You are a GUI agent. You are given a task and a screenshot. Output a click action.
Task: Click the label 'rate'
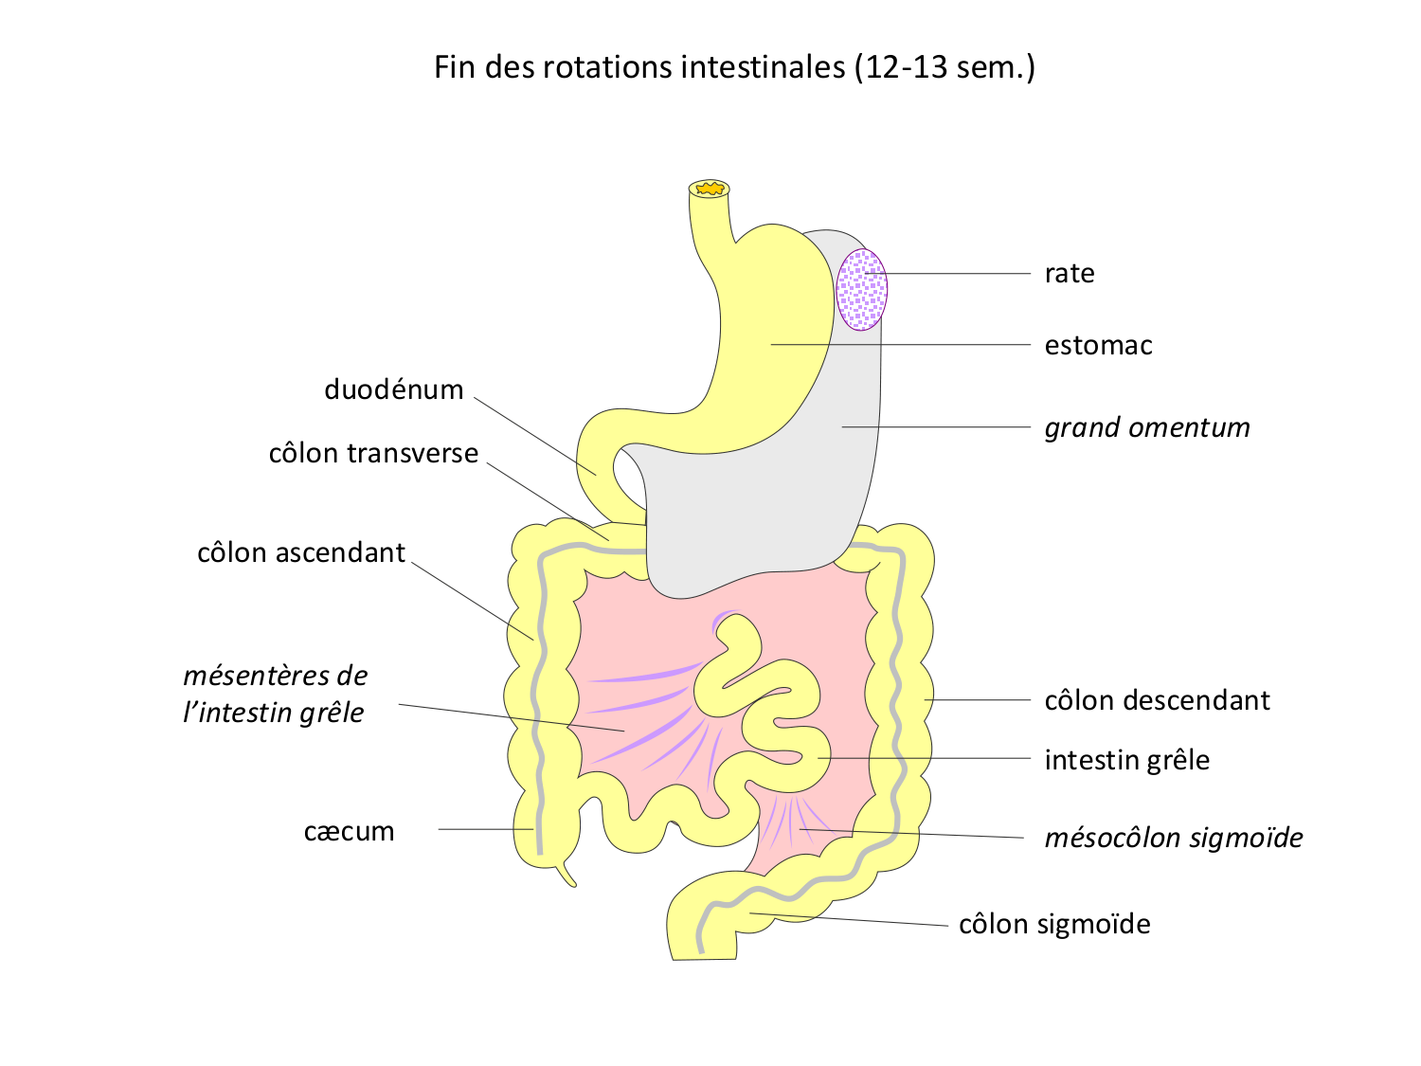(x=1069, y=274)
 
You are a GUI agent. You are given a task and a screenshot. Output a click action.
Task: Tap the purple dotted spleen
(x=862, y=289)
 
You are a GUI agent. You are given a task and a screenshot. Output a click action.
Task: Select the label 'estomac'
(x=1098, y=346)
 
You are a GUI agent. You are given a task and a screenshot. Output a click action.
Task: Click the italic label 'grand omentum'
(x=1146, y=428)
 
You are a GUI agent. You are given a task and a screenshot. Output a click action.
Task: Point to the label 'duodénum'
(x=393, y=389)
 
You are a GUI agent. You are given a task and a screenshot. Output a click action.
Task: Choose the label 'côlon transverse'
(x=373, y=454)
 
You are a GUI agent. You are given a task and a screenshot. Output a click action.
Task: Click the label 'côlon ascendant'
(x=300, y=553)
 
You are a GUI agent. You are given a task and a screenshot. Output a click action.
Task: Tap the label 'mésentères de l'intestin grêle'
(x=275, y=695)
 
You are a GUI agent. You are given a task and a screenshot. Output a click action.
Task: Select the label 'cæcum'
(x=349, y=832)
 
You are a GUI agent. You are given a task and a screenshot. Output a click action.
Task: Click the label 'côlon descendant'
(x=1156, y=701)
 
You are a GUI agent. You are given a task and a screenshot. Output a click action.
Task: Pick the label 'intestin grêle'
(x=1126, y=761)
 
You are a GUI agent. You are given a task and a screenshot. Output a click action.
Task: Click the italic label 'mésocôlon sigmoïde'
(x=1173, y=839)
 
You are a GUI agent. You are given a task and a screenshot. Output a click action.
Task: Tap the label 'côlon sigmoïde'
(x=1054, y=925)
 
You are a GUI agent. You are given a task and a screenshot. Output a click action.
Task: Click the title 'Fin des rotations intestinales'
(x=639, y=67)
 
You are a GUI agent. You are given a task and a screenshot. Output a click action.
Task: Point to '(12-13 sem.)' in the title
(x=944, y=67)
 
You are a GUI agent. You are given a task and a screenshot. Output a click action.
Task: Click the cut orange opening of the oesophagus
(x=709, y=190)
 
